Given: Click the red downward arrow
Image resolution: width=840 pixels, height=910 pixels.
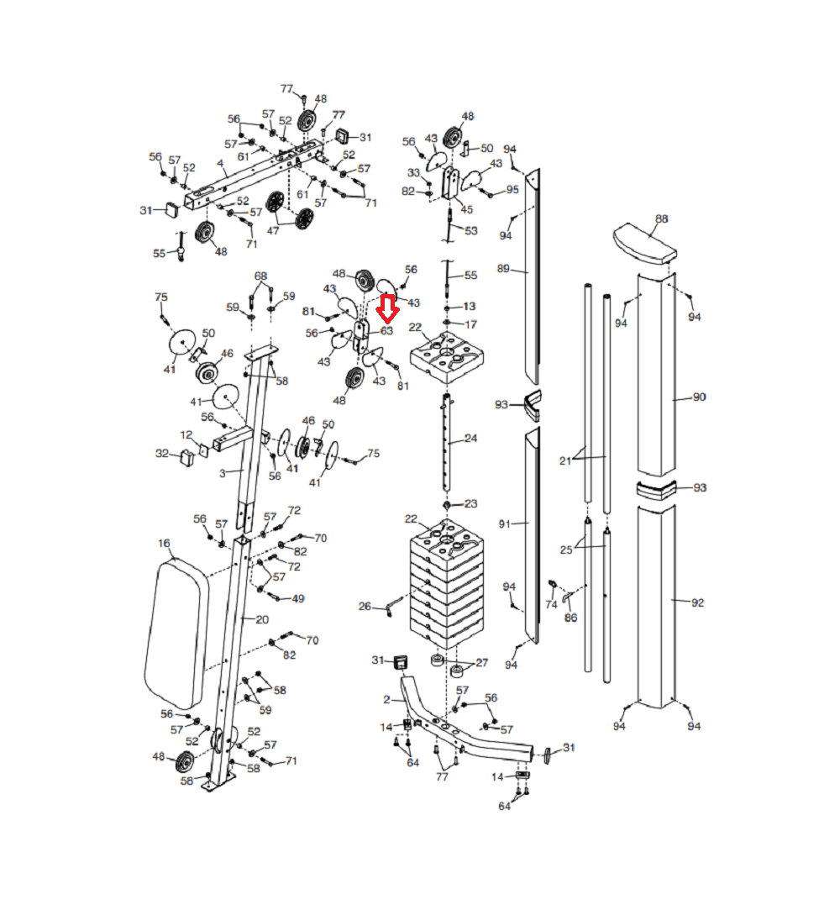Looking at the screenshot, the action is click(x=387, y=308).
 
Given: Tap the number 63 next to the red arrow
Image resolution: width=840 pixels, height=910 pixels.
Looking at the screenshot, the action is click(x=387, y=331).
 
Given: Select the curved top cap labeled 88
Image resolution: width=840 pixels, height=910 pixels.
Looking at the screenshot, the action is click(x=645, y=243).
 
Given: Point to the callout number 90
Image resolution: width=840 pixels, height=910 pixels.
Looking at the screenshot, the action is click(x=699, y=397).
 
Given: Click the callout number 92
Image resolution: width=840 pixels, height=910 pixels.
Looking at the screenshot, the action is click(x=697, y=602).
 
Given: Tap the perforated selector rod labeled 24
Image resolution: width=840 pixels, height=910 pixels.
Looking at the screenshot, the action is click(x=446, y=442).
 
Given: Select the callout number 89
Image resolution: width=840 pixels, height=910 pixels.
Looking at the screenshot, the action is click(x=503, y=269).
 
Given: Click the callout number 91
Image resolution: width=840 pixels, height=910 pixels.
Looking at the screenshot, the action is click(x=504, y=524).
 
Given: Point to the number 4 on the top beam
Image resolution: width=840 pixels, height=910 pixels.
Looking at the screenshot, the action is click(x=220, y=164).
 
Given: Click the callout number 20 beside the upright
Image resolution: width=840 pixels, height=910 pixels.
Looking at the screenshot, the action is click(x=262, y=619).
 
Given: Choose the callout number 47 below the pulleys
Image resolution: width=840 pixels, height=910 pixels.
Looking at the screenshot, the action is click(x=273, y=230).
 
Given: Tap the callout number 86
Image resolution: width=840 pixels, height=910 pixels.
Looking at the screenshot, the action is click(x=571, y=618).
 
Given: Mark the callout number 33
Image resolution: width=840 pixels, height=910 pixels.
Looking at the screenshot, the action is click(x=413, y=172).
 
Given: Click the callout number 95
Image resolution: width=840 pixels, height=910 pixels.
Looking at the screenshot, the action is click(x=512, y=190).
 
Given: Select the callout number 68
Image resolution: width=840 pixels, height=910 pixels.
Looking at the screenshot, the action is click(x=260, y=276).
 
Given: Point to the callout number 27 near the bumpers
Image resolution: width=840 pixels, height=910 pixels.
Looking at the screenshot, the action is click(x=481, y=663).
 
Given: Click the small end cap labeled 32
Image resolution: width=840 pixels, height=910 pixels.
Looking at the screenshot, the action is click(x=186, y=458).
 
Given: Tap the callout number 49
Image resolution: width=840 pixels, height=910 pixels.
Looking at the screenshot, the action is click(x=298, y=598).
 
